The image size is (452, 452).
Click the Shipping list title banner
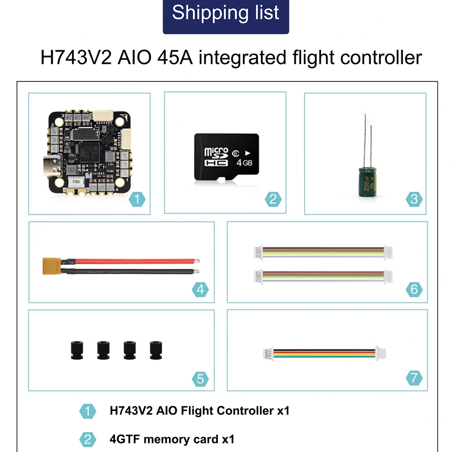[x=226, y=14]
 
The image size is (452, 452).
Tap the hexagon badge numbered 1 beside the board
[x=137, y=198]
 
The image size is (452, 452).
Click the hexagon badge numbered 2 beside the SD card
[x=273, y=199]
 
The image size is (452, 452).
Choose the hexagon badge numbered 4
[x=201, y=289]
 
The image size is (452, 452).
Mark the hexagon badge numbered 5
[x=201, y=379]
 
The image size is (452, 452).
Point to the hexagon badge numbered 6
[x=414, y=289]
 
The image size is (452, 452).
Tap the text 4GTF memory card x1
[x=172, y=438]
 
